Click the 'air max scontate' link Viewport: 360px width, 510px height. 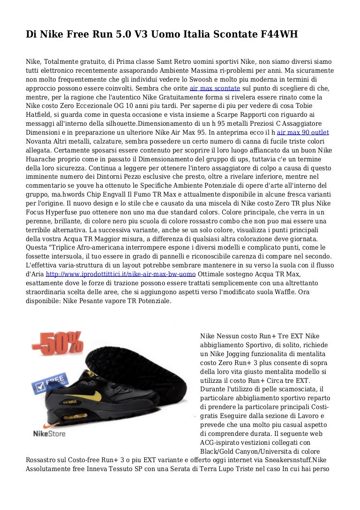point(215,88)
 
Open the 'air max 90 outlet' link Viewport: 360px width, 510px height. point(303,133)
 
